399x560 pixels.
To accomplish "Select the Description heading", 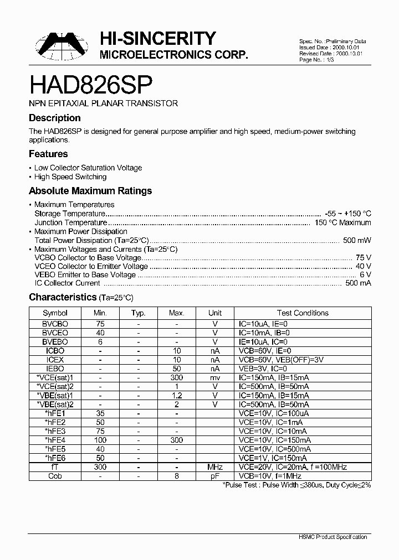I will (x=54, y=118).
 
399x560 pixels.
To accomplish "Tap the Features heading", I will (x=48, y=154).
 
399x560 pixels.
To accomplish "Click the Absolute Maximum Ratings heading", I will (x=90, y=191).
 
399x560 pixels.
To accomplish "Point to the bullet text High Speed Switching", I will (x=70, y=177).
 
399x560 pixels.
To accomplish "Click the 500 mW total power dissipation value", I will (x=357, y=241).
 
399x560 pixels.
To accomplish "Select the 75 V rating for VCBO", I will (x=364, y=258).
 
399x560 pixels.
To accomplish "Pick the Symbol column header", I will (x=55, y=313).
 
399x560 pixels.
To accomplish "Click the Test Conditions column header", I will (x=303, y=313).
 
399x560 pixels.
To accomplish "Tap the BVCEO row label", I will (x=55, y=333).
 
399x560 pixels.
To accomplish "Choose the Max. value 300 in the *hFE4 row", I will (x=176, y=440).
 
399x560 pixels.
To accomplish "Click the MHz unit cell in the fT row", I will (x=215, y=467).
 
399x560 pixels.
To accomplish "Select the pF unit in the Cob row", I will (x=215, y=476).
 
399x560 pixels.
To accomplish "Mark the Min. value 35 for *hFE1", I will (x=100, y=413).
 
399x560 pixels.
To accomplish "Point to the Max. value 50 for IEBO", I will (x=176, y=369).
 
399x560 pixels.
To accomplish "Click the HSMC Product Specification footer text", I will (x=337, y=537).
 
